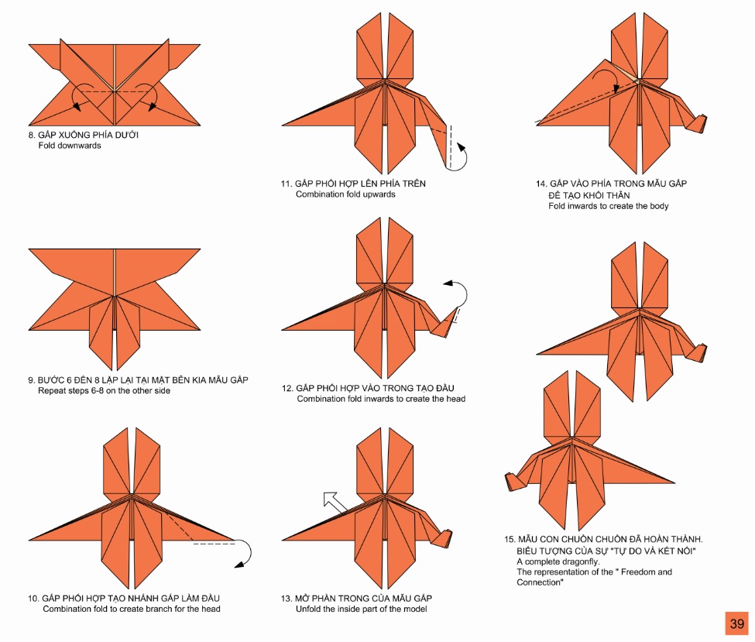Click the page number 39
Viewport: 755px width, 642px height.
(736, 623)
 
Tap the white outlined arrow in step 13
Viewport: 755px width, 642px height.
(335, 502)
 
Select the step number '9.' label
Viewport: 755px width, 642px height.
(31, 380)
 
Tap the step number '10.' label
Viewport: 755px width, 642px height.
(33, 599)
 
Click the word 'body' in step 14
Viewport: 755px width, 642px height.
(658, 206)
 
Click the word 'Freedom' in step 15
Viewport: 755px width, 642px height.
(639, 572)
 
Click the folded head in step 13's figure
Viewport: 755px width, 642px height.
(442, 537)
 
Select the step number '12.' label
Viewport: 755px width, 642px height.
(287, 388)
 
